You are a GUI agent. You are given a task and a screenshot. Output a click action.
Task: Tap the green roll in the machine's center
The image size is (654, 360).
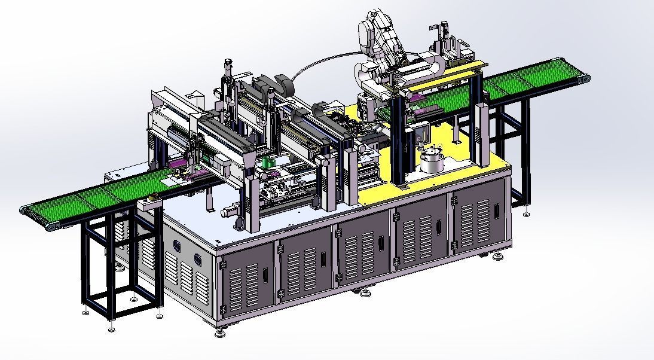coord(269,163)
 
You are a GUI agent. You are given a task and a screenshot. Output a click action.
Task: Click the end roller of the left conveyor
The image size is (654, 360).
coord(25,210)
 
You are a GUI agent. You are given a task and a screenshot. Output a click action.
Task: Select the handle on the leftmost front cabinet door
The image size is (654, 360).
coord(265,276)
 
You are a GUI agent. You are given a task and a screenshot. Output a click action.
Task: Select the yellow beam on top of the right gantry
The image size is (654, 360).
coord(448,74)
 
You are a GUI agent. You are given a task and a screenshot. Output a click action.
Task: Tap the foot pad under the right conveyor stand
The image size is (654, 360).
coord(526,213)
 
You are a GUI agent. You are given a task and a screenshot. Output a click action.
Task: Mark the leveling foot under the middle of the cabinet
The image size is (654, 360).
coord(365,293)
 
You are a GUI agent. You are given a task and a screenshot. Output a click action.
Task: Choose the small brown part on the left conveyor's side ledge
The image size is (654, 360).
coord(154,196)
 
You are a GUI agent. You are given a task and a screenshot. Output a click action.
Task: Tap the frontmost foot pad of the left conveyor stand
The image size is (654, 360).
coord(111,328)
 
